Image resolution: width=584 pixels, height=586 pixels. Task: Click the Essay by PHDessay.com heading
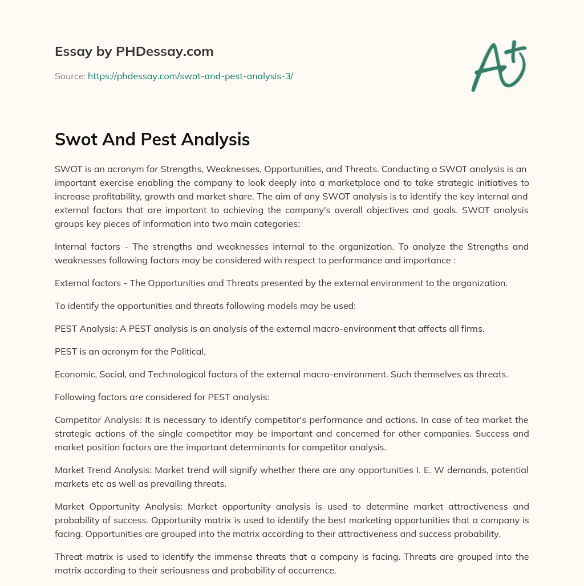pyautogui.click(x=134, y=52)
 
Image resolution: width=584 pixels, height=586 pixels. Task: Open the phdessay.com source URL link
pyautogui.click(x=190, y=76)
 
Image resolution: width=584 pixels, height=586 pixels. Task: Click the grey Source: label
pyautogui.click(x=70, y=76)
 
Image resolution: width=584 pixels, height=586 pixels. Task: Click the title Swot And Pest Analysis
pyautogui.click(x=152, y=139)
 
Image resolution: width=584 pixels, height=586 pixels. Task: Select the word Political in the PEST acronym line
pyautogui.click(x=186, y=352)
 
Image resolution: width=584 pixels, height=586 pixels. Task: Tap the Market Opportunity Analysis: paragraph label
pyautogui.click(x=119, y=507)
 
